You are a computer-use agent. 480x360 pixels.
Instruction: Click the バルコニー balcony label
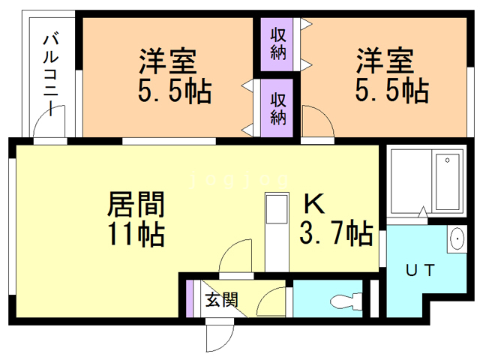[50, 74]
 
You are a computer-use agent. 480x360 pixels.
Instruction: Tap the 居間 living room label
[136, 205]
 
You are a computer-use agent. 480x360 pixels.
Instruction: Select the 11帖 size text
[136, 234]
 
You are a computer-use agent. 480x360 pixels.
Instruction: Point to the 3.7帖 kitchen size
[336, 232]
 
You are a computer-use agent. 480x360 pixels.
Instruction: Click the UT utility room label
[420, 270]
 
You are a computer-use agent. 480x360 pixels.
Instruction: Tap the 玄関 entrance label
[221, 299]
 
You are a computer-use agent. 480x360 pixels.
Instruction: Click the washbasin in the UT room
[457, 238]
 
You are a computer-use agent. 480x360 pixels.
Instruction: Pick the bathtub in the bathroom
[447, 181]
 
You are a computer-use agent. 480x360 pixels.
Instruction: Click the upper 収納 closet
[277, 44]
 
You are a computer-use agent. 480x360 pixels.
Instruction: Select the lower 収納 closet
[277, 109]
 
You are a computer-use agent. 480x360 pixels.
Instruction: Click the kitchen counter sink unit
[277, 232]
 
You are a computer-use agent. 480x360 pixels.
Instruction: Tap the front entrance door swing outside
[220, 337]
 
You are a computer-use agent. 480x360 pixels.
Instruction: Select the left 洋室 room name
[168, 61]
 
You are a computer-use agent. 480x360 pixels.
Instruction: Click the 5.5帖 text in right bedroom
[391, 90]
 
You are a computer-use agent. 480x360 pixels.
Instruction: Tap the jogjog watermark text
[239, 180]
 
